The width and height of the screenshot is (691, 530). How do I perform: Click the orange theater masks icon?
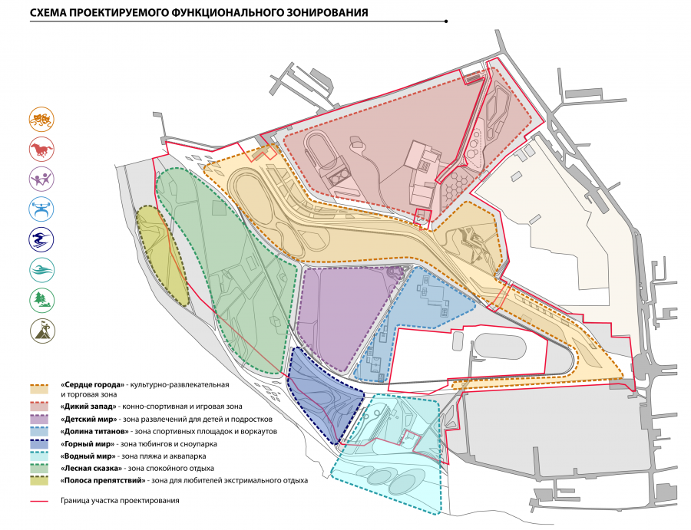(40, 119)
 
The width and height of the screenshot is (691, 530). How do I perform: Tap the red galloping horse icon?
(40, 149)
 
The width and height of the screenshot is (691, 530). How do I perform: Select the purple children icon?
(40, 179)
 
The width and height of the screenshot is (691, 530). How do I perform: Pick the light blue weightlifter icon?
(40, 209)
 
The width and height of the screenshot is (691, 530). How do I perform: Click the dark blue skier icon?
(40, 239)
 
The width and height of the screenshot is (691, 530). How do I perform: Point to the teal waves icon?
(40, 269)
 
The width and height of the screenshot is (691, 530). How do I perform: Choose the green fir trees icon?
(40, 299)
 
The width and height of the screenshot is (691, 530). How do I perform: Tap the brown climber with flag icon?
(40, 330)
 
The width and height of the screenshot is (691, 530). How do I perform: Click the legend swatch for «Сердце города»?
(40, 387)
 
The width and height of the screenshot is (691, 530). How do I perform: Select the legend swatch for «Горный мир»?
(40, 443)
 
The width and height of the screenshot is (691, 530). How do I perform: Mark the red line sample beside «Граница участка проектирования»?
(40, 501)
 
